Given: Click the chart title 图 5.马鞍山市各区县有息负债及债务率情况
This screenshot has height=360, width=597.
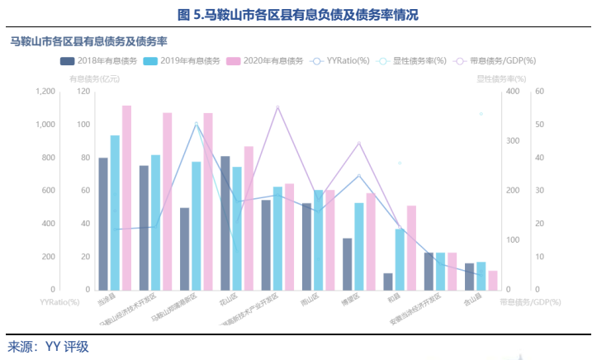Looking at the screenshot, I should point(298,15).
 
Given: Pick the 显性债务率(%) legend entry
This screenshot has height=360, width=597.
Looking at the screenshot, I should point(412,61).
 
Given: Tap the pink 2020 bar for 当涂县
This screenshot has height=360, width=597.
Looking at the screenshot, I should point(127,197).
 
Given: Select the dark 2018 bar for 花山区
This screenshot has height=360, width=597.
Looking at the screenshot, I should point(225,223).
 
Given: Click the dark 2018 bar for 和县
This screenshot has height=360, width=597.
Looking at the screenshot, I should point(388,282).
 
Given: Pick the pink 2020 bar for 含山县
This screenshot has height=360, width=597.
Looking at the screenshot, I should point(493,280).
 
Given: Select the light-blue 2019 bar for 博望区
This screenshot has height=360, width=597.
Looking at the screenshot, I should point(359,246).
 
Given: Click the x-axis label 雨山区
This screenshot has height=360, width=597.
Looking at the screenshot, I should point(311,300).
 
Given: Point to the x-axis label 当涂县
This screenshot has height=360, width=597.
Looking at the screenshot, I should point(107,300).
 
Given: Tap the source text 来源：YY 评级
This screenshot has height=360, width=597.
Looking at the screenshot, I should point(48,347).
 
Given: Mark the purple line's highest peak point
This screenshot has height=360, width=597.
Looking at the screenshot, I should point(277,107).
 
